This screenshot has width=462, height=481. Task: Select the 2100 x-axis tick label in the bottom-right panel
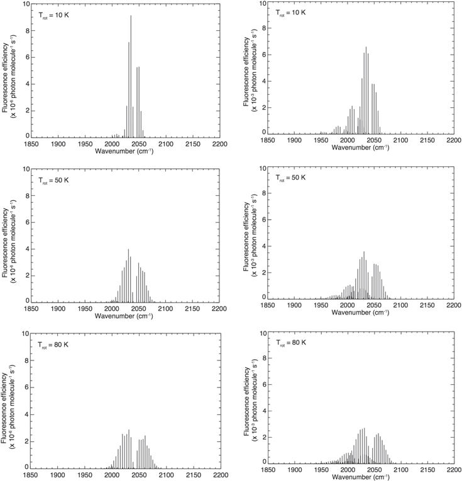click(x=400, y=469)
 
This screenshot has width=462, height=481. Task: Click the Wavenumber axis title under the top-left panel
click(x=126, y=151)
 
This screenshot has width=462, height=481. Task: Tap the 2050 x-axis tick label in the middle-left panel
click(x=139, y=308)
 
